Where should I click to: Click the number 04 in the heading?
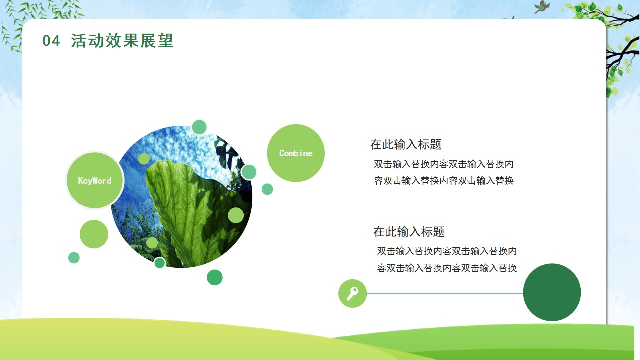pos(51,41)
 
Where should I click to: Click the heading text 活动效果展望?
pos(122,41)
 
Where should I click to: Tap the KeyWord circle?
pos(95,180)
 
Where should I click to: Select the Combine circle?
pos(296,153)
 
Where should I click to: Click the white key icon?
pos(353,293)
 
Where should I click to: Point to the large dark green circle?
pos(552,292)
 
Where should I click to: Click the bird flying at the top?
pos(541,7)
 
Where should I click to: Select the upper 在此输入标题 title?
pos(406,144)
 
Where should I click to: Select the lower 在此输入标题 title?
pos(409,231)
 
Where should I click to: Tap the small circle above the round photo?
pos(199,127)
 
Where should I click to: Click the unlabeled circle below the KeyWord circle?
pos(94,234)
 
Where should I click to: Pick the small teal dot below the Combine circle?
pos(267,189)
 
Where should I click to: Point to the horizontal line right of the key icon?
pos(445,293)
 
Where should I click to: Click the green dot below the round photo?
pos(215,277)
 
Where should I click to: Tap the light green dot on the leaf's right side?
pos(236,215)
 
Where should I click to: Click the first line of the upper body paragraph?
pos(443,164)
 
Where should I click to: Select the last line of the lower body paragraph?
pos(447,268)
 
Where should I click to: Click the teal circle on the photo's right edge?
pos(249,172)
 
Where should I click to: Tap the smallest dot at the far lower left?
pos(74,258)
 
